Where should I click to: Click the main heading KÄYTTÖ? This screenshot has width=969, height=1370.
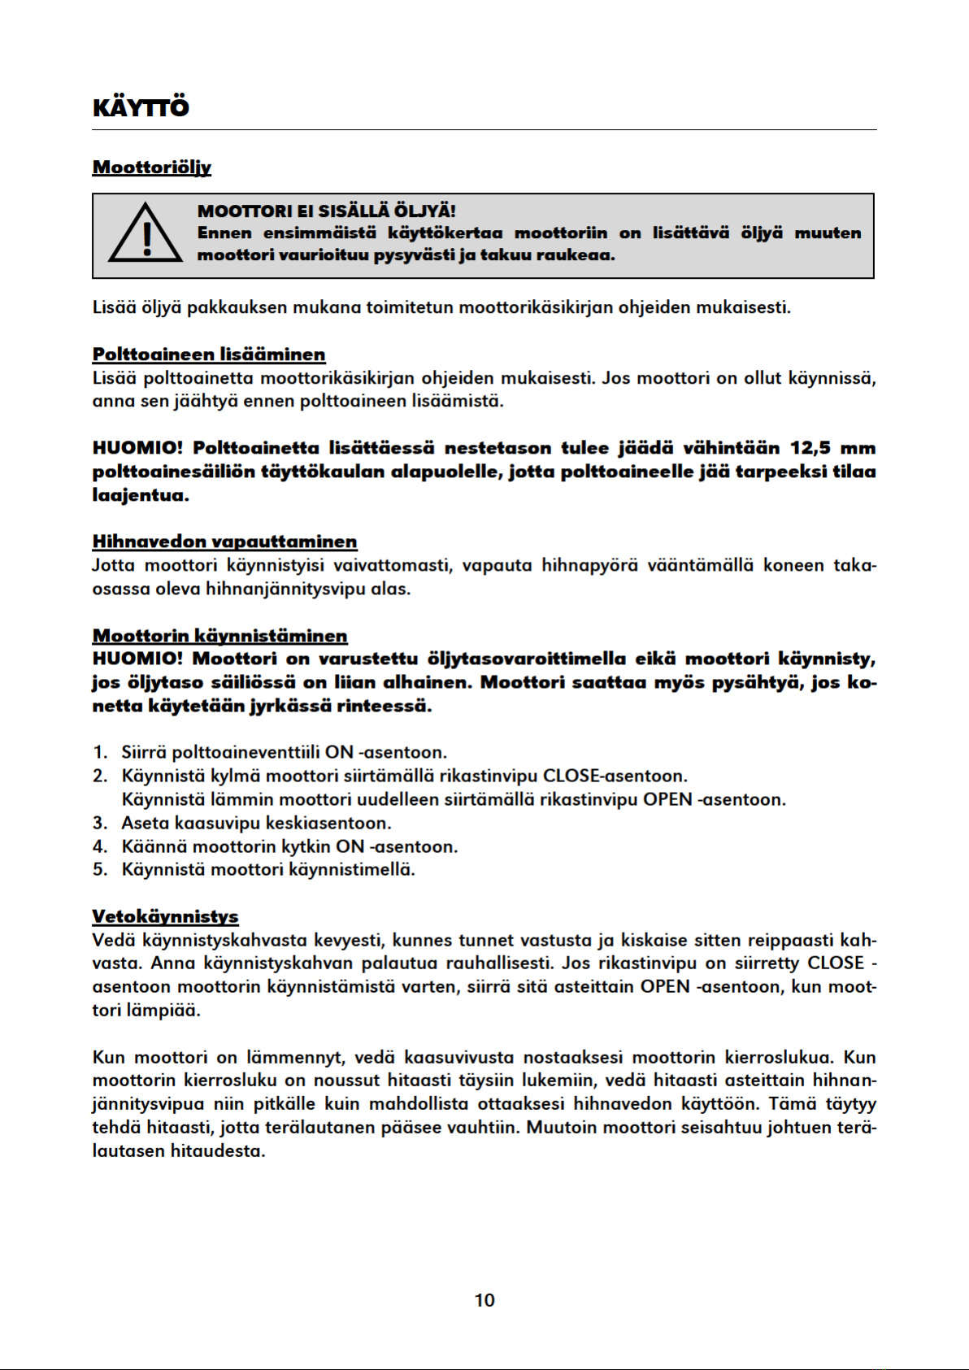pyautogui.click(x=141, y=108)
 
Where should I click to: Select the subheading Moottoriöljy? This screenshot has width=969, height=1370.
pyautogui.click(x=151, y=167)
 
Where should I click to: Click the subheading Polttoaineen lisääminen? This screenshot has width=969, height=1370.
pyautogui.click(x=209, y=354)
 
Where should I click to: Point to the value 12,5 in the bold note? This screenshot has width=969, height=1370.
pyautogui.click(x=810, y=448)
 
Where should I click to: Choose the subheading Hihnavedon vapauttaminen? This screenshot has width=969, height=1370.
pyautogui.click(x=224, y=541)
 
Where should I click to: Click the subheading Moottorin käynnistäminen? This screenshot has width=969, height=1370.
pyautogui.click(x=219, y=636)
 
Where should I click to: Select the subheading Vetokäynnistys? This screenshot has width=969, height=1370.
pyautogui.click(x=165, y=916)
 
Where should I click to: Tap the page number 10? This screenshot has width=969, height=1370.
pyautogui.click(x=484, y=1300)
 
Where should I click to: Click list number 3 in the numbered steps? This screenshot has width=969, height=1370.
pyautogui.click(x=99, y=823)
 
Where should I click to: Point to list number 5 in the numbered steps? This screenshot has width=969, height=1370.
pyautogui.click(x=99, y=870)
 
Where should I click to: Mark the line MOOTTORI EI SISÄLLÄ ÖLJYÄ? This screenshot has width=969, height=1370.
pyautogui.click(x=326, y=211)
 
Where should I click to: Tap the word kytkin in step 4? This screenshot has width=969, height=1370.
pyautogui.click(x=306, y=846)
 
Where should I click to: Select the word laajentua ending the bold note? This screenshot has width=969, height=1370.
pyautogui.click(x=139, y=495)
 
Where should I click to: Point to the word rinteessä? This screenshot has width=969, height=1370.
pyautogui.click(x=385, y=706)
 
